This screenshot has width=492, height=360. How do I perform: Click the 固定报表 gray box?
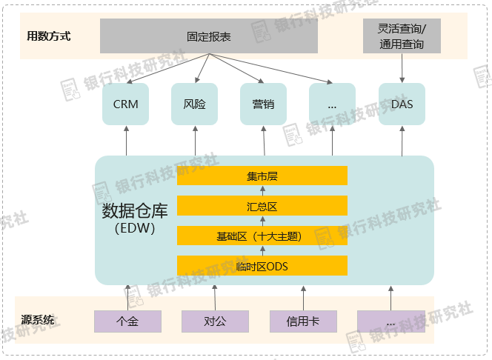[209, 36]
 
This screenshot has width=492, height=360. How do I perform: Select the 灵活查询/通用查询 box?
[402, 36]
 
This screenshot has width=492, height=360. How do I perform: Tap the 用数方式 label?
[49, 36]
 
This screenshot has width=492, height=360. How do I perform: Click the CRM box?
[126, 104]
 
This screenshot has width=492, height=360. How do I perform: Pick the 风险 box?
[194, 104]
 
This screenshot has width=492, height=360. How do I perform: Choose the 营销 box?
[263, 104]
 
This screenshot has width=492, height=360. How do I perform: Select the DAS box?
[402, 104]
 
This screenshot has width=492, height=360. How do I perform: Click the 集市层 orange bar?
[262, 176]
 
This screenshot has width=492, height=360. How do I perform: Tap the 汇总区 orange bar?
[262, 206]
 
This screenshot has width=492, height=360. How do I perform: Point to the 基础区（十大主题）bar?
[262, 236]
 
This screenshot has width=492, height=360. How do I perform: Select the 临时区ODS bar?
[262, 266]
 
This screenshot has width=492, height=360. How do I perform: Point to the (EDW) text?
[135, 229]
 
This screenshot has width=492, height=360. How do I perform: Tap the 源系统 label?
[38, 321]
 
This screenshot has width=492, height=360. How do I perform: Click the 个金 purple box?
[127, 321]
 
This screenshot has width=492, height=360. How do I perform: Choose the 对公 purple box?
[215, 321]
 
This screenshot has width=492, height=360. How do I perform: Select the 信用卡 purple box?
[303, 321]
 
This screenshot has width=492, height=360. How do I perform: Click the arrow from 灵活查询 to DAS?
[402, 67]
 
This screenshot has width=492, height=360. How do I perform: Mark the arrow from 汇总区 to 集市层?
[262, 190]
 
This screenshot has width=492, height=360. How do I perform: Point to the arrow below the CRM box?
[126, 140]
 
